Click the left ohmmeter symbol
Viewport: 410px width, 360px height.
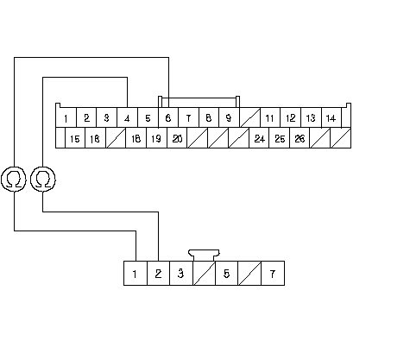[x=14, y=179]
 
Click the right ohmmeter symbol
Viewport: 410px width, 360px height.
[x=43, y=179]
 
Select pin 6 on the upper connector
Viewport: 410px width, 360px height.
[x=168, y=117]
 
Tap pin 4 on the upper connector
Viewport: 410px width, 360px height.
[x=127, y=117]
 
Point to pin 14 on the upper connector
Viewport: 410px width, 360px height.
[x=331, y=117]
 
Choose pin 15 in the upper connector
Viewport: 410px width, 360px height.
[x=75, y=138]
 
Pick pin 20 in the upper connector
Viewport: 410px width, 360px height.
[x=177, y=138]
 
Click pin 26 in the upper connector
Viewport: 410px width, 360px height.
[x=300, y=138]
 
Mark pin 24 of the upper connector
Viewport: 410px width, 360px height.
[x=259, y=138]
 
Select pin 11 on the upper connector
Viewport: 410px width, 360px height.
[x=270, y=117]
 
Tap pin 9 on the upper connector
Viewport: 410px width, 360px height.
[x=229, y=117]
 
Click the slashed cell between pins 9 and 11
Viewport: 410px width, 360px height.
[x=249, y=117]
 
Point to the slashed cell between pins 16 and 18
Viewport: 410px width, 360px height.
[x=116, y=138]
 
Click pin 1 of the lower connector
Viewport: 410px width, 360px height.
[x=136, y=274]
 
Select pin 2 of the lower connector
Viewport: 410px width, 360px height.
[x=159, y=274]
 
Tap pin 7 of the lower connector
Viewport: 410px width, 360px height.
[x=273, y=274]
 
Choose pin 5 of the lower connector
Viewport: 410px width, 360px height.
[x=227, y=274]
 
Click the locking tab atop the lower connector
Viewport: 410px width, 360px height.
[x=204, y=256]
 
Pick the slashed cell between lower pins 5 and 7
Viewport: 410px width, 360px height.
[x=249, y=274]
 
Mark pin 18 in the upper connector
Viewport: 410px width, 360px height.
[x=136, y=138]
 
